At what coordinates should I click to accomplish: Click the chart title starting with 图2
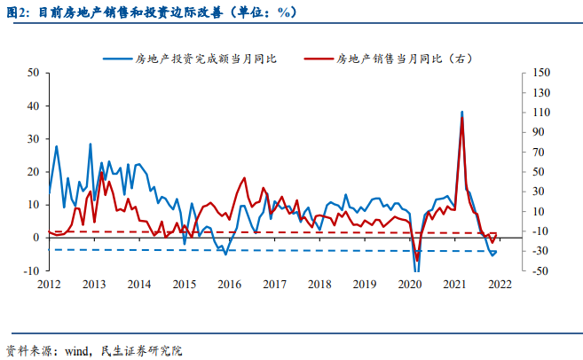tap(151, 12)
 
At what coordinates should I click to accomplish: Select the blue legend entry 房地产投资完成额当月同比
tap(205, 59)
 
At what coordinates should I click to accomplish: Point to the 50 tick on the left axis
tap(33, 73)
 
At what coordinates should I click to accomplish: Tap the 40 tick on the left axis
tap(33, 106)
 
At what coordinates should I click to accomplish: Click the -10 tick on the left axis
tap(31, 270)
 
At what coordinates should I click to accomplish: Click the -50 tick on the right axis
tap(539, 270)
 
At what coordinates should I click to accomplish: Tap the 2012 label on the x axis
tap(48, 285)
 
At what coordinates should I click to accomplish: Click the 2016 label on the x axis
tap(229, 285)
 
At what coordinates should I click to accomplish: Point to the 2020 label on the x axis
tap(410, 285)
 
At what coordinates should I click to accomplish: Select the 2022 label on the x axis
tap(500, 285)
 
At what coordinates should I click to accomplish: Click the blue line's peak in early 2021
tap(461, 113)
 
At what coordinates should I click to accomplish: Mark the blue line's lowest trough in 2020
tap(417, 270)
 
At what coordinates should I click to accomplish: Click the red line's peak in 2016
tap(245, 178)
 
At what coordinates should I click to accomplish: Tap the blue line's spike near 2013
tap(91, 144)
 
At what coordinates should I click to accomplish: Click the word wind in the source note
tap(79, 350)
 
